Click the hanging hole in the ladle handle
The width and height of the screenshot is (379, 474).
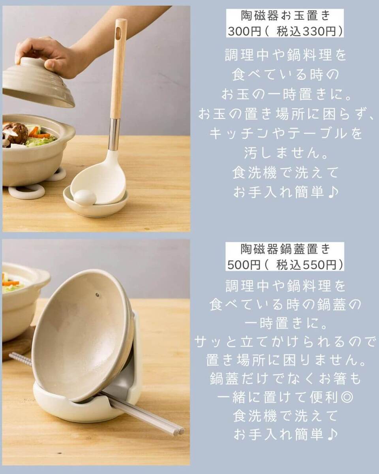pyautogui.click(x=119, y=32)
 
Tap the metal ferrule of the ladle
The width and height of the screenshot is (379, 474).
pyautogui.click(x=114, y=135)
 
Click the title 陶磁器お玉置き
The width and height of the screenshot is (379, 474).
pyautogui.click(x=285, y=16)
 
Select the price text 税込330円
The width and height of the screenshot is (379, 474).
pyautogui.click(x=306, y=32)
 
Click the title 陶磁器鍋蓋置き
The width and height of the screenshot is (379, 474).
pyautogui.click(x=285, y=249)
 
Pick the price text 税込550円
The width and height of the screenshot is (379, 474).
pyautogui.click(x=306, y=265)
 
